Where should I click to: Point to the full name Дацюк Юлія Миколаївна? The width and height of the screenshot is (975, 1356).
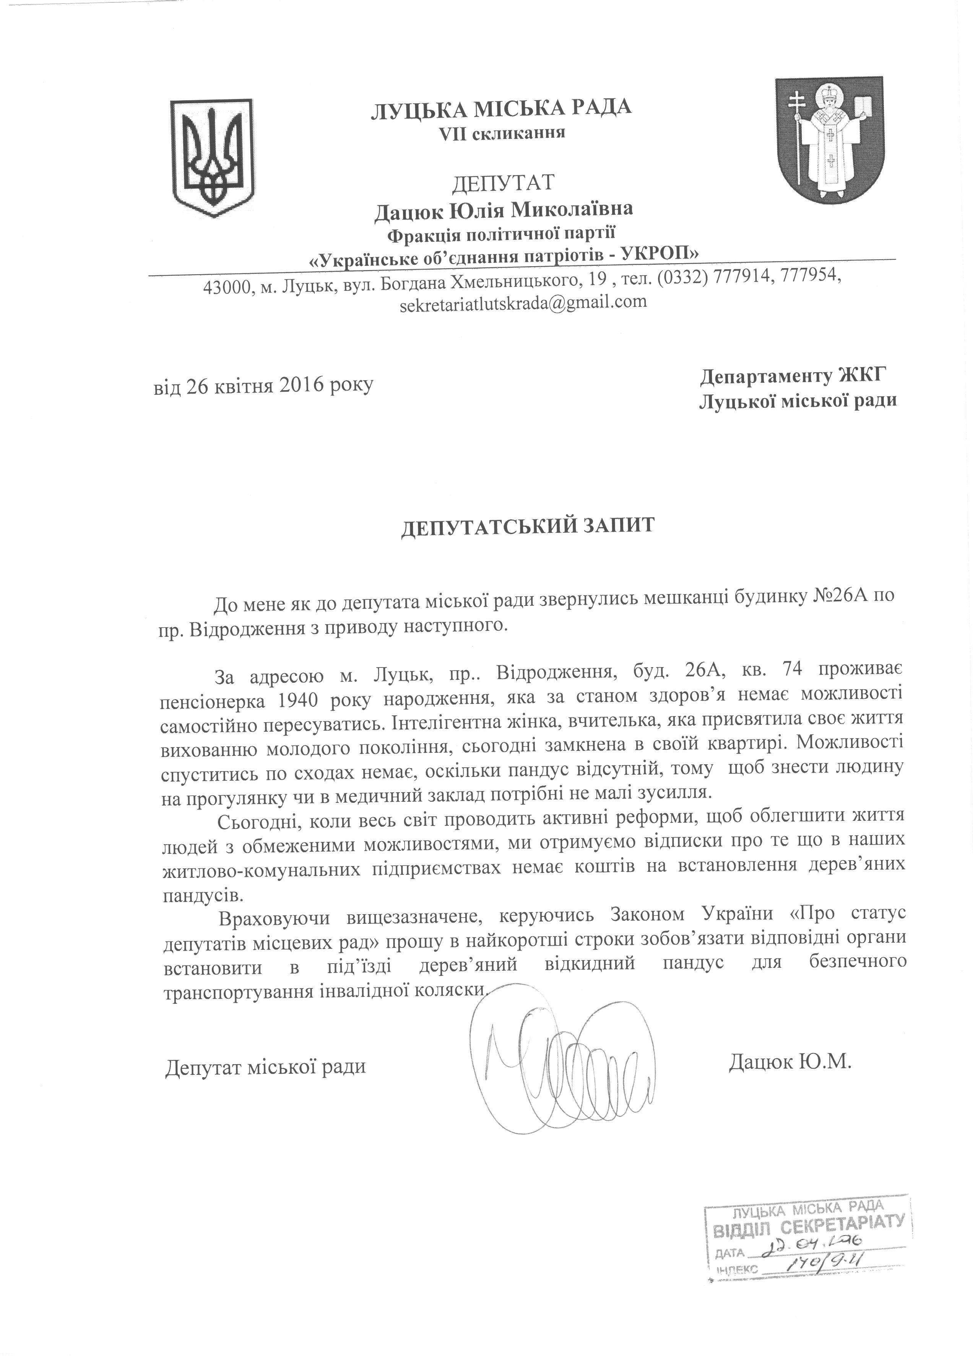pyautogui.click(x=503, y=210)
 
